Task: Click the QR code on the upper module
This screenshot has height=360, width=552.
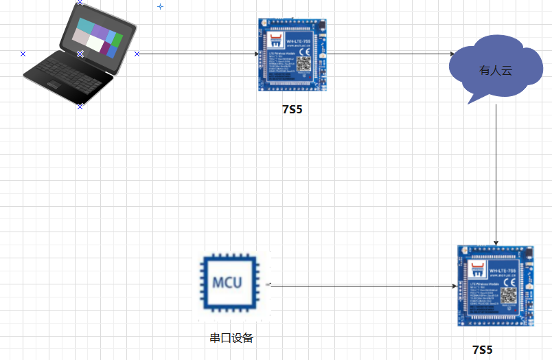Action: (303, 65)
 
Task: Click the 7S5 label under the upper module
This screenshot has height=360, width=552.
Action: (292, 109)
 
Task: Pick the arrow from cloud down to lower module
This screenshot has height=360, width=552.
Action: (496, 175)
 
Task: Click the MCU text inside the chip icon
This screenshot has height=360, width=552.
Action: (227, 283)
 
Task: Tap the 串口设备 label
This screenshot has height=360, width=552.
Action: (231, 338)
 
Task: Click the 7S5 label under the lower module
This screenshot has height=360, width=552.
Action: (483, 349)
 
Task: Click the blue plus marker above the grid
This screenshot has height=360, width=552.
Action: (161, 6)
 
